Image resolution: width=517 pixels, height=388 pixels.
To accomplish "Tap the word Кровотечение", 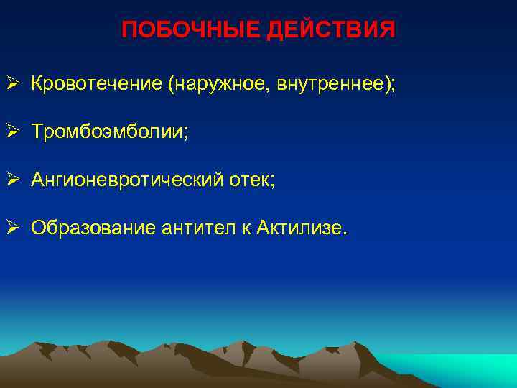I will point(96,85).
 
